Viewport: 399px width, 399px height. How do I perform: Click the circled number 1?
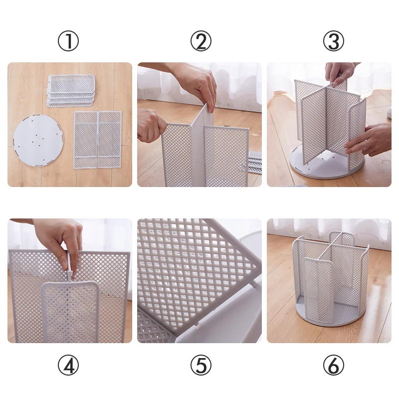pos(68,41)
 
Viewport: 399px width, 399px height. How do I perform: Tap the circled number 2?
pos(201,41)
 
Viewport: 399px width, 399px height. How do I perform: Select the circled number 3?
pos(334,41)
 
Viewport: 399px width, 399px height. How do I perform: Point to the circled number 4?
pos(68,365)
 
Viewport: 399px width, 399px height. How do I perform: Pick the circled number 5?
pos(201,365)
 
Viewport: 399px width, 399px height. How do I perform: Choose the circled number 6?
pos(334,365)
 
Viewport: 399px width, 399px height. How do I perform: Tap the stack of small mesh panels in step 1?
pos(71,90)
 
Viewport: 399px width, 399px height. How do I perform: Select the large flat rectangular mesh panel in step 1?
pos(98,140)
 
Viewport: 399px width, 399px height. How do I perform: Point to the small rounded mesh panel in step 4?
pos(70,312)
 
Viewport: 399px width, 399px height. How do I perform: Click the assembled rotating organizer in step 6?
pos(330,279)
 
